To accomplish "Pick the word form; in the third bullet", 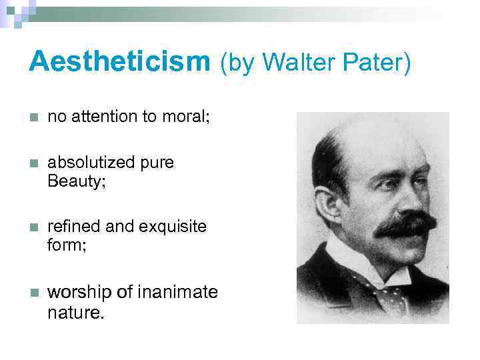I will pyautogui.click(x=67, y=245).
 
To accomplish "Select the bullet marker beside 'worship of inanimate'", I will pyautogui.click(x=34, y=292).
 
